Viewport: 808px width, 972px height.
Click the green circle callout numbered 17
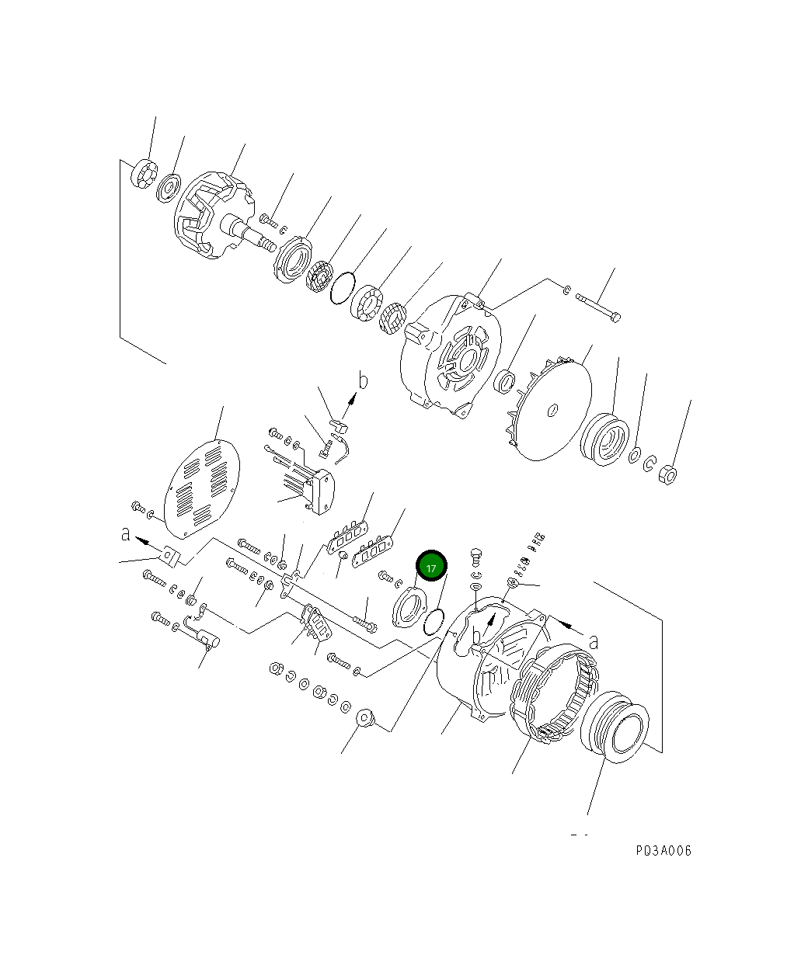[431, 567]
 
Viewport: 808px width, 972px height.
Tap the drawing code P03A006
[663, 850]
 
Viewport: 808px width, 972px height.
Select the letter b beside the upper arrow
[362, 380]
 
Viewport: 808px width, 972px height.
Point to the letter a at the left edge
[126, 534]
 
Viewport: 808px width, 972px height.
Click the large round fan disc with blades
[549, 409]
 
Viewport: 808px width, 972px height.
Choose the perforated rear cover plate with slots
[202, 489]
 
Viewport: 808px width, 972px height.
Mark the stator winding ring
[553, 689]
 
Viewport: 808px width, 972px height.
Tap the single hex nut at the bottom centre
[366, 719]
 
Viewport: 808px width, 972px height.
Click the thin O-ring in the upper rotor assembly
[342, 288]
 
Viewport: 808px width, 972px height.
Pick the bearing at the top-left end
[144, 172]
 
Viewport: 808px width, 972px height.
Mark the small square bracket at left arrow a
[171, 554]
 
